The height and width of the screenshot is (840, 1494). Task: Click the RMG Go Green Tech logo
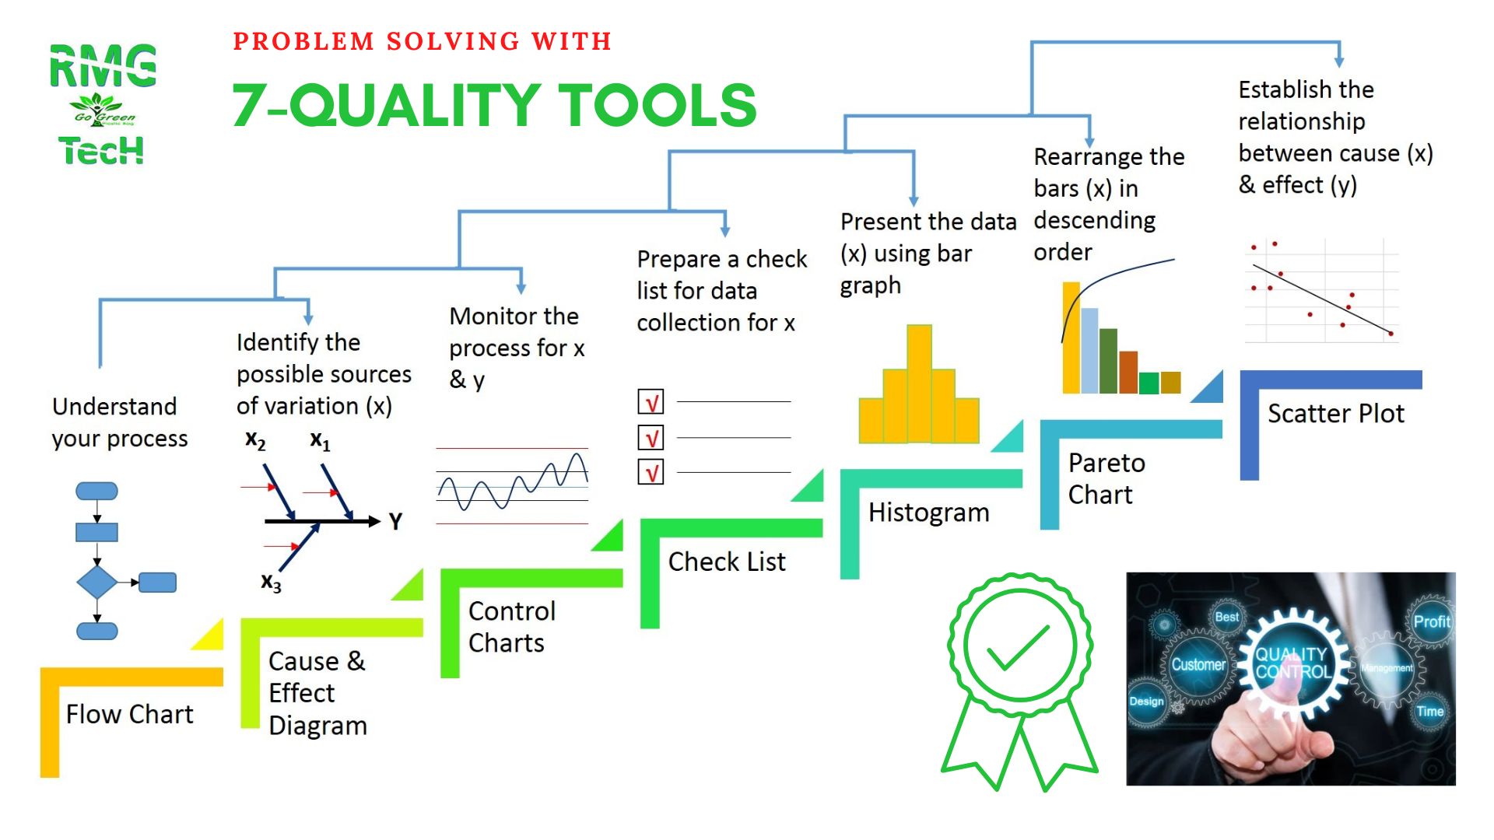[x=103, y=104]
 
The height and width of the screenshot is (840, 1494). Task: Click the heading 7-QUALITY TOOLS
[x=494, y=105]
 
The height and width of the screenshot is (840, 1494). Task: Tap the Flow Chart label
[x=129, y=714]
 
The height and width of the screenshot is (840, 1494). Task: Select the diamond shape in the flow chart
[x=96, y=582]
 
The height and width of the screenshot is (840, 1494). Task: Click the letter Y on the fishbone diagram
[x=395, y=521]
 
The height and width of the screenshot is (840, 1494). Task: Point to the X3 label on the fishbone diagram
[x=271, y=583]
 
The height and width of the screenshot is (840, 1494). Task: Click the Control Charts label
[x=511, y=627]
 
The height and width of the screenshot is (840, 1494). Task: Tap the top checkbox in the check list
[x=651, y=402]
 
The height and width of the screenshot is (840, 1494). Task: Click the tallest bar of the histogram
[x=919, y=383]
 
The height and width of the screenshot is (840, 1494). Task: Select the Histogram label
[x=928, y=513]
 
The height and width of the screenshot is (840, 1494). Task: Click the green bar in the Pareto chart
[x=1149, y=383]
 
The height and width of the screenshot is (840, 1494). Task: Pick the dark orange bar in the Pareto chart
[x=1128, y=373]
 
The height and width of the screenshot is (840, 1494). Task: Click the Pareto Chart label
[x=1106, y=478]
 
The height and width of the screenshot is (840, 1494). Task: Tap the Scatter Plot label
[x=1336, y=414]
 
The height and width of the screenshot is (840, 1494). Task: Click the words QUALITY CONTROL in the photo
[x=1292, y=663]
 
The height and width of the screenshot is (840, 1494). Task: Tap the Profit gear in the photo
[x=1432, y=621]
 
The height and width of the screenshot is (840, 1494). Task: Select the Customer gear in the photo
[x=1198, y=665]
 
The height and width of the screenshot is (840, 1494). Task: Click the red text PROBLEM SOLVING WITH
[x=423, y=40]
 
